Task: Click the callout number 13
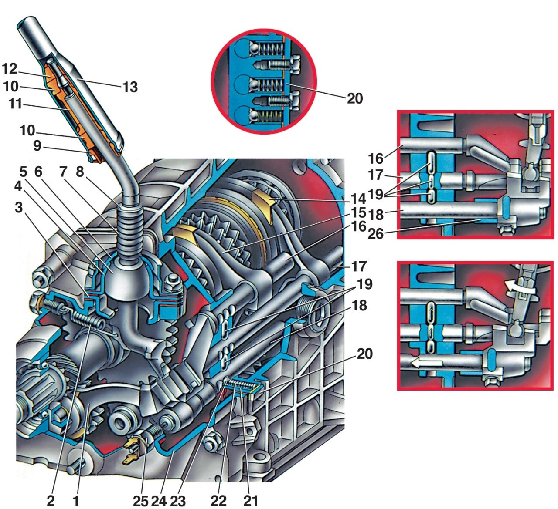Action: (x=130, y=87)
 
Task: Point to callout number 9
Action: (x=37, y=145)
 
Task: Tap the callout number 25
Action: (x=140, y=500)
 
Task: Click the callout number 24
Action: (x=159, y=500)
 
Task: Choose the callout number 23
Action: (x=178, y=500)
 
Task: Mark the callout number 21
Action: (x=251, y=500)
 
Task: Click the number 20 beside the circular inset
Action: (x=354, y=99)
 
